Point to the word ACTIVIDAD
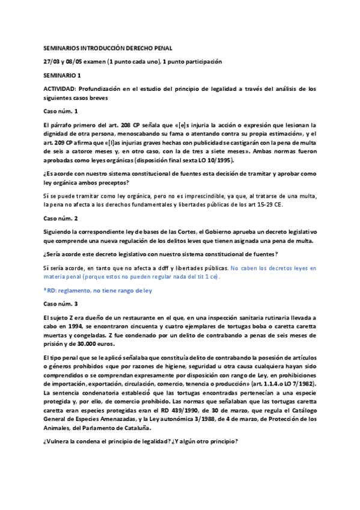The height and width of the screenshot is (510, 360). pos(61,89)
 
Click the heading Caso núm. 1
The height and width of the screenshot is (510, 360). pos(61,111)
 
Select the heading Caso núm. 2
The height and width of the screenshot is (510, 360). pos(61,218)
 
